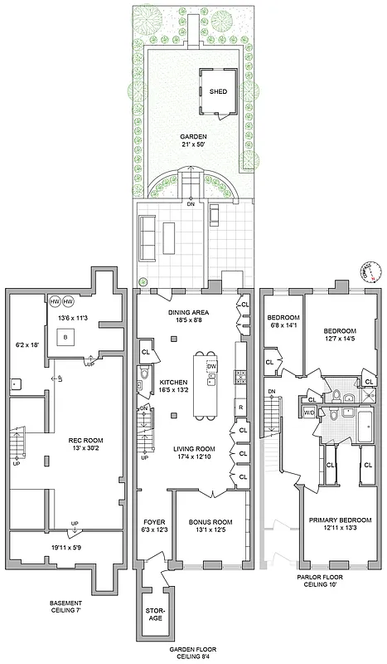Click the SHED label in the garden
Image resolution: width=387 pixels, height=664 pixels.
pos(219,92)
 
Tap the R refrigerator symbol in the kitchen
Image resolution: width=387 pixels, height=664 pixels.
pos(240,408)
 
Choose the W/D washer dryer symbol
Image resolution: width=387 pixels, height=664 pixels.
pos(309,413)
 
